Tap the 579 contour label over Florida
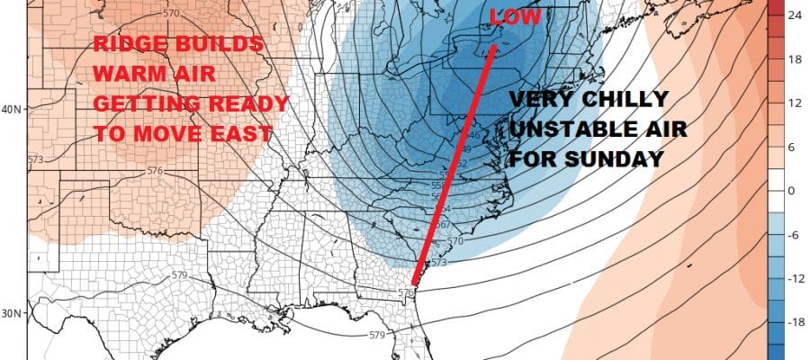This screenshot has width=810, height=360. pos(377,336)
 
